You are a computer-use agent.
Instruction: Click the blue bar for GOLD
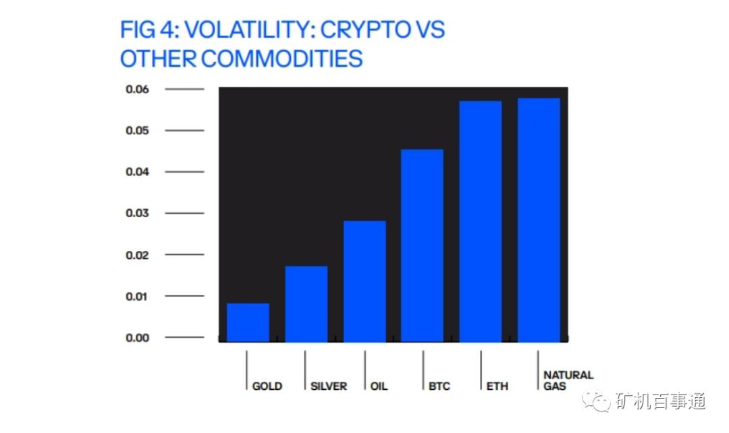pos(248,322)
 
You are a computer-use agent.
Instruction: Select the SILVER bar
pos(306,304)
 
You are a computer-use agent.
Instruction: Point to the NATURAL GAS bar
pos(539,220)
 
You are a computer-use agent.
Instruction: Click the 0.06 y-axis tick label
pos(137,89)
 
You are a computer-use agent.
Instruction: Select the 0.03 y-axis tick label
pos(137,213)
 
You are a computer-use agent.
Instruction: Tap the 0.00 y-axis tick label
pos(137,337)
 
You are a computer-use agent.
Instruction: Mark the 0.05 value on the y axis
pos(137,130)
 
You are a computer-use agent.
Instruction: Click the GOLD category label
pos(267,386)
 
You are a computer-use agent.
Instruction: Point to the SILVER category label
pos(329,386)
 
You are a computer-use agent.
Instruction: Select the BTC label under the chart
pos(439,386)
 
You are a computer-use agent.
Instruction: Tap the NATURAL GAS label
pos(568,380)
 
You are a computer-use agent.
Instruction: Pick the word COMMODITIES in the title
pos(281,59)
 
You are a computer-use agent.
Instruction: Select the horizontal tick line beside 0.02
pos(184,255)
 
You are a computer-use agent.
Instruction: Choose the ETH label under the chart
pos(497,386)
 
